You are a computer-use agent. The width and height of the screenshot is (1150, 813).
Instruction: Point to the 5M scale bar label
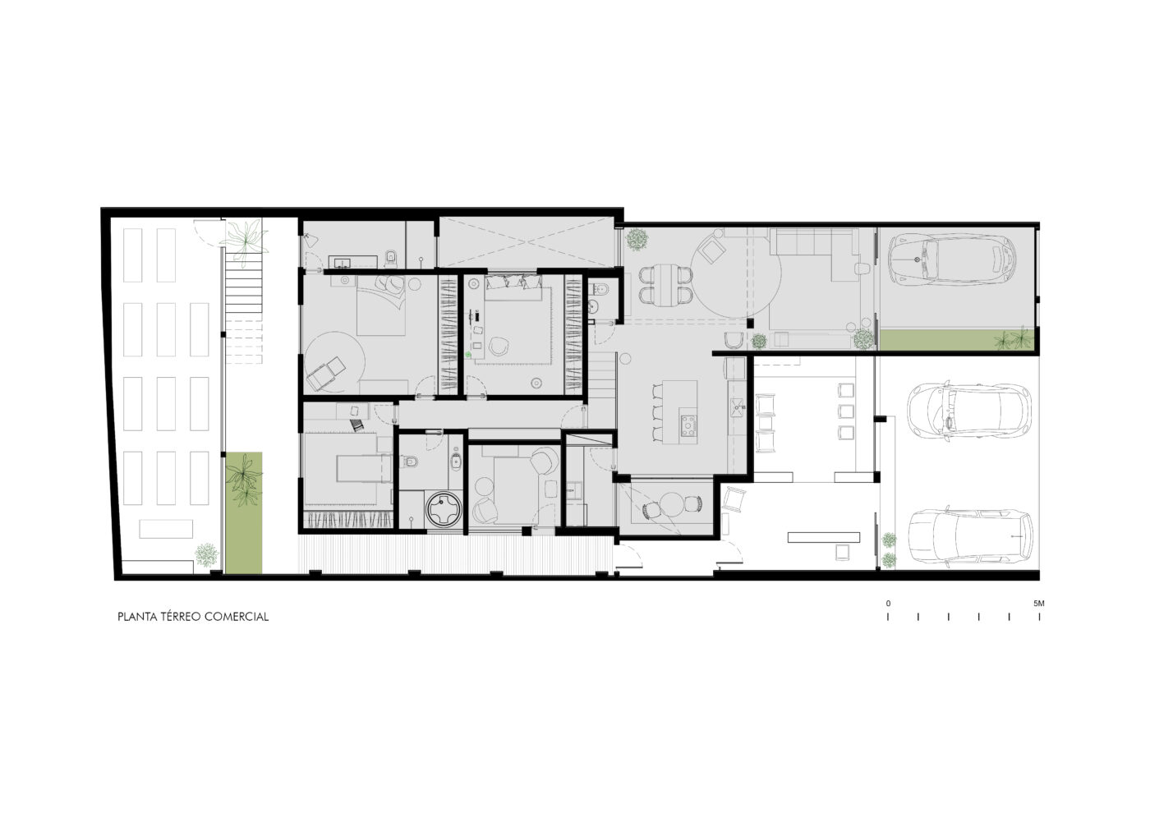pyautogui.click(x=1038, y=604)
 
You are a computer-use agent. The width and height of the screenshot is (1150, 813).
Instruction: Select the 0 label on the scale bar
pyautogui.click(x=888, y=604)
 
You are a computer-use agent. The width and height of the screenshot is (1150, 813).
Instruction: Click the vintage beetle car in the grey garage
pyautogui.click(x=952, y=260)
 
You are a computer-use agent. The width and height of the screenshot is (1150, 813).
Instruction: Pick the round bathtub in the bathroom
pyautogui.click(x=444, y=509)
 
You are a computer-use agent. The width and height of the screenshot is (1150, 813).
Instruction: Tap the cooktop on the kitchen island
pyautogui.click(x=688, y=425)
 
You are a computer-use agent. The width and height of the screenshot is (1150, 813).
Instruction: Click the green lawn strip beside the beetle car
pyautogui.click(x=957, y=340)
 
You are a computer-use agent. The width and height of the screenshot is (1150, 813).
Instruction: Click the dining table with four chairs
pyautogui.click(x=666, y=286)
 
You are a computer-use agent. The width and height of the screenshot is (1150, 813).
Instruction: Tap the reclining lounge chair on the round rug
pyautogui.click(x=326, y=373)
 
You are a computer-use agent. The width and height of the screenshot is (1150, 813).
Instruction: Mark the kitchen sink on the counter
pyautogui.click(x=738, y=407)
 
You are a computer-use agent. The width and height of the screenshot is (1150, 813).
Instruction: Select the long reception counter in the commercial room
pyautogui.click(x=823, y=537)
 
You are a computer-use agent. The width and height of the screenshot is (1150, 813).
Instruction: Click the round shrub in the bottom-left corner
pyautogui.click(x=206, y=555)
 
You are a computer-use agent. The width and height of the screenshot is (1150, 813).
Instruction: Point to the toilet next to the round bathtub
pyautogui.click(x=409, y=462)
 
